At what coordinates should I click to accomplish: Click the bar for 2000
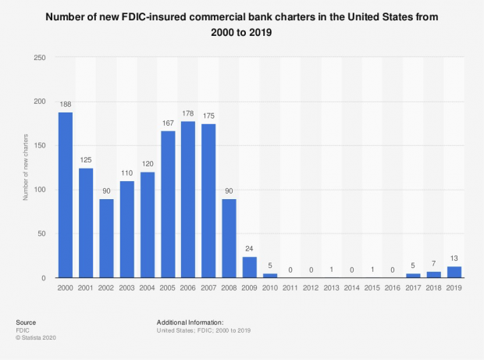coord(66,195)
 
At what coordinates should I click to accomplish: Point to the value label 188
coord(66,105)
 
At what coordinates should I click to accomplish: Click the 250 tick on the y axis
coord(38,58)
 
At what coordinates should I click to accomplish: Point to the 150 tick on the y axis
coord(38,146)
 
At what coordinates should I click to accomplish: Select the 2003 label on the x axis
coord(126,288)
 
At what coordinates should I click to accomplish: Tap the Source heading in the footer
coord(25,321)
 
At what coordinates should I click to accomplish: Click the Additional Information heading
coord(190,321)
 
